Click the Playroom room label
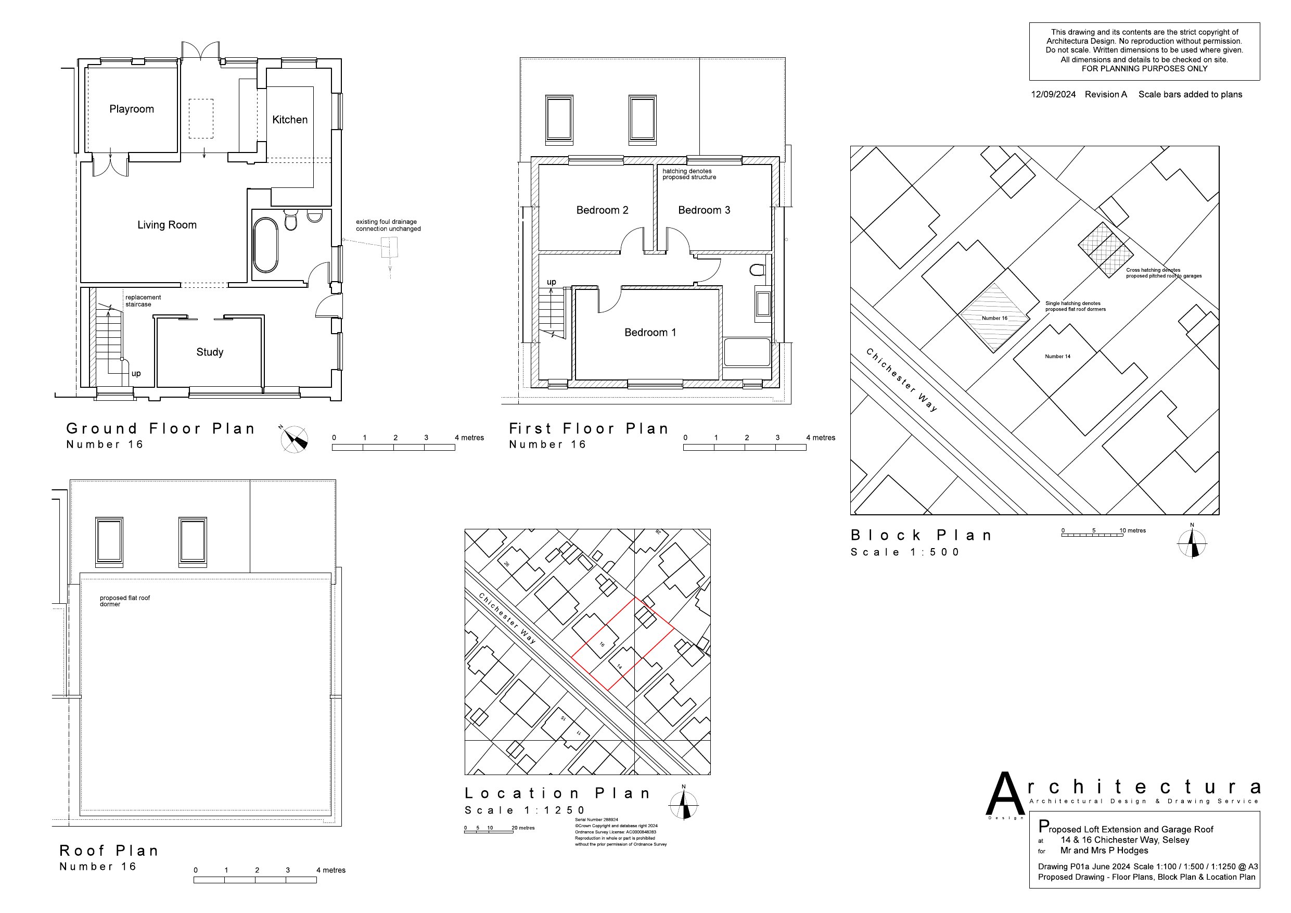click(132, 109)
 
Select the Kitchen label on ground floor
click(289, 120)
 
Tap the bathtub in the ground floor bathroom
click(265, 245)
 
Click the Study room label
click(210, 352)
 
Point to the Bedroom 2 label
click(602, 210)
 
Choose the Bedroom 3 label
click(704, 210)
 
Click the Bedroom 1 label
click(650, 333)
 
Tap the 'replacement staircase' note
click(143, 301)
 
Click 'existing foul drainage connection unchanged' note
click(388, 225)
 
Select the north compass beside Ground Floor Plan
click(295, 439)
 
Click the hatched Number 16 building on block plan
click(994, 319)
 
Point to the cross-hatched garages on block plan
click(1105, 250)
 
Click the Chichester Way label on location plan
click(507, 618)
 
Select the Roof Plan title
click(109, 851)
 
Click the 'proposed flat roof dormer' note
click(124, 601)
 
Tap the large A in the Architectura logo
click(1005, 794)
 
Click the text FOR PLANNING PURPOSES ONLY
click(1144, 69)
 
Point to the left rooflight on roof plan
click(109, 541)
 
